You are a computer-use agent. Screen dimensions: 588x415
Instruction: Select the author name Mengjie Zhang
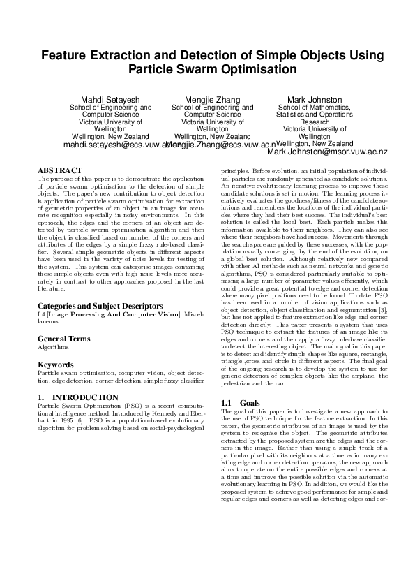(x=212, y=100)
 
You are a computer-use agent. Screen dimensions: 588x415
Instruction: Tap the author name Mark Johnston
(x=315, y=100)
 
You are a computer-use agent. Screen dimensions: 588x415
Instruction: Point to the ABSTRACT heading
(x=59, y=170)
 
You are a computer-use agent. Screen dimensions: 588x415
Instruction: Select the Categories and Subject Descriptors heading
(x=96, y=306)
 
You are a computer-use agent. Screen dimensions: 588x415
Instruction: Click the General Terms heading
(x=64, y=338)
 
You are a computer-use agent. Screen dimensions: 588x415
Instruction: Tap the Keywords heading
(x=55, y=365)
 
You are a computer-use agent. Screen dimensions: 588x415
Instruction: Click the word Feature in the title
(x=64, y=55)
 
